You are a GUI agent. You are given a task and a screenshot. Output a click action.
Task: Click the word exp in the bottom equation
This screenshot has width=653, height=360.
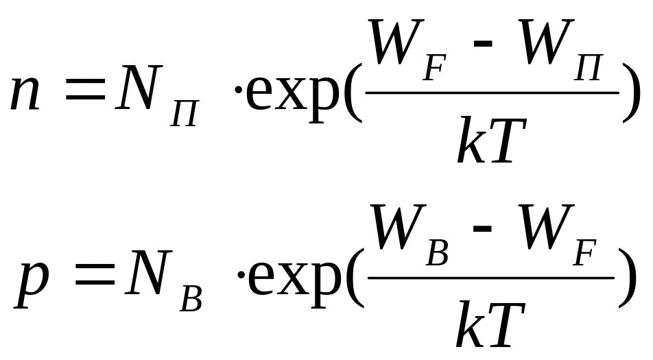[x=295, y=283]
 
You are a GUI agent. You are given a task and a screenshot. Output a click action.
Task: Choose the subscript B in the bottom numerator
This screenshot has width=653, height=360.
[x=438, y=255]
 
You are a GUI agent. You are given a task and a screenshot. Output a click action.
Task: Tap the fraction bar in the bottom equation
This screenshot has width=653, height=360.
[x=491, y=278]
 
